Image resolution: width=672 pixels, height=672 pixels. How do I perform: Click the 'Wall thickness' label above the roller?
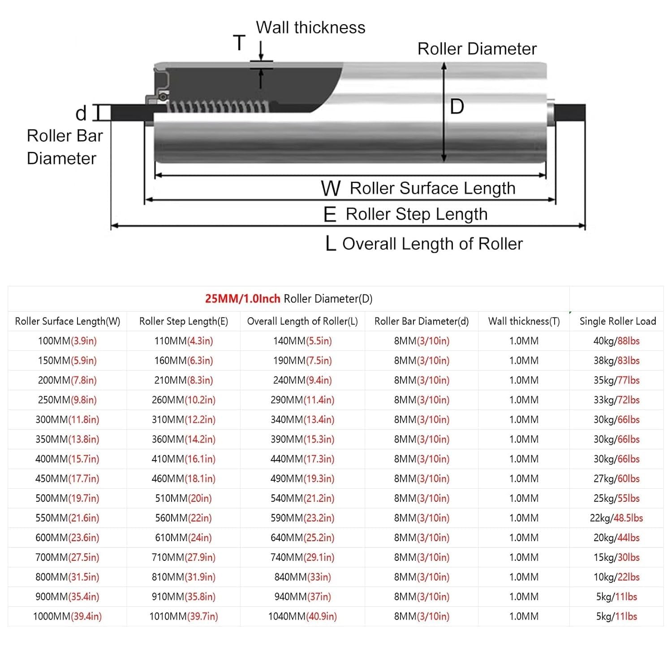[x=310, y=28]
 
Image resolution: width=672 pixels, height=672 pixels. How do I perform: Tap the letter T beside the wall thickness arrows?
[x=240, y=43]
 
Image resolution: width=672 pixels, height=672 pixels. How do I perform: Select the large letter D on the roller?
[x=457, y=107]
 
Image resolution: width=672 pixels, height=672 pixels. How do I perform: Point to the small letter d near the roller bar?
[x=81, y=113]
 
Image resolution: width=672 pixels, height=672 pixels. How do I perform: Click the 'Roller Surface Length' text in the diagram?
[x=432, y=188]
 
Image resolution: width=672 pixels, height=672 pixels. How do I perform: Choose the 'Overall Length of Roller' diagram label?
[x=432, y=244]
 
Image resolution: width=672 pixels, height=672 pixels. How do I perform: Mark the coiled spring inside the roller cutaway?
[x=220, y=107]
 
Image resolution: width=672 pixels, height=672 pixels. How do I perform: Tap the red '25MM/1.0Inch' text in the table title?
[x=243, y=299]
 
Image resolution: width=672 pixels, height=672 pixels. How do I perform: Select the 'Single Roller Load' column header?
[x=618, y=321]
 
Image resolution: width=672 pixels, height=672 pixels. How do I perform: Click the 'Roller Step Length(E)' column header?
[x=184, y=321]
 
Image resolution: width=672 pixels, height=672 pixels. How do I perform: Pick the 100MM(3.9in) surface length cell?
[x=67, y=341]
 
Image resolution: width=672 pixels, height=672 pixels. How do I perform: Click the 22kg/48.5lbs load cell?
[x=616, y=518]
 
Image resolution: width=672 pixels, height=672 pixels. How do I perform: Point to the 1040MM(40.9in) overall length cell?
[x=302, y=616]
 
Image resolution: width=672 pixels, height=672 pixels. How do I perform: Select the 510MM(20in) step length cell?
[x=184, y=498]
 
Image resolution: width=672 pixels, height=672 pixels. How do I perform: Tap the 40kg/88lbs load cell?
[x=616, y=341]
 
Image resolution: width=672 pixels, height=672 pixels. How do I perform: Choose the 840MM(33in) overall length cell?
[x=302, y=577]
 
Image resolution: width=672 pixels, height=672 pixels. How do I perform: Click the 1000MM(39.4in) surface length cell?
[x=67, y=616]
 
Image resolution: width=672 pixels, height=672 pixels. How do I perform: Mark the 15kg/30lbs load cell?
[x=616, y=557]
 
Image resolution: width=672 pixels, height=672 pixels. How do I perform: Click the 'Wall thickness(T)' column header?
[x=524, y=321]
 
